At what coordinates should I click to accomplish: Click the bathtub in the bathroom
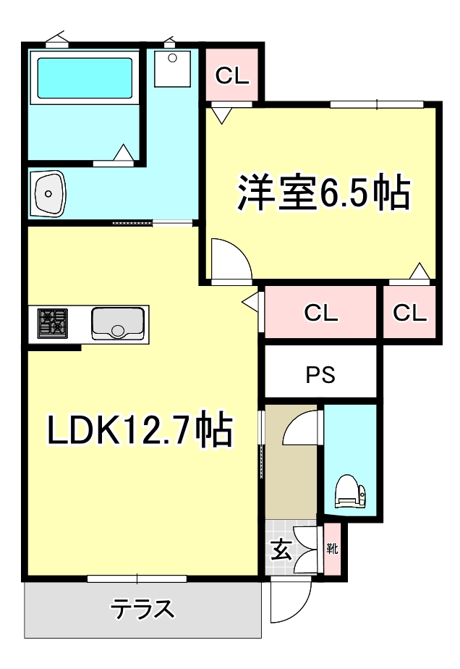(85, 77)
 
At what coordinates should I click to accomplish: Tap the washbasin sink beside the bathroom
(49, 193)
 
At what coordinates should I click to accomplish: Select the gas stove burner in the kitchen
(53, 323)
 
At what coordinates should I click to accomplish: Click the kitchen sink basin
(117, 323)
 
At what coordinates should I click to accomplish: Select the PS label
(320, 376)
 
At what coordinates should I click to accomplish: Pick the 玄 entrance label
(281, 551)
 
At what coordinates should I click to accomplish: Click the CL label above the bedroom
(231, 75)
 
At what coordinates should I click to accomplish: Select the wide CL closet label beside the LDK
(320, 314)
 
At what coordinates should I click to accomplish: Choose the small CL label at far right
(410, 314)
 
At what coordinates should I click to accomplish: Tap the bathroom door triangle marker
(124, 153)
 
